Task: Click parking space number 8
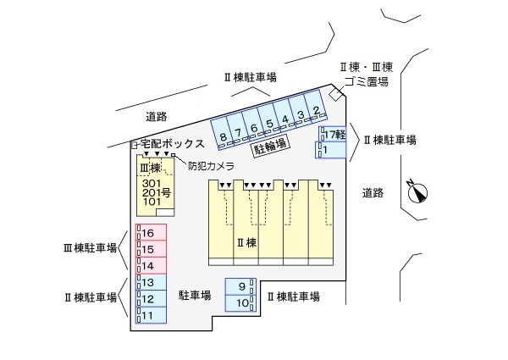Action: tap(223, 136)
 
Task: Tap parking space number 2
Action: tap(316, 111)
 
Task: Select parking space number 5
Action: tap(269, 124)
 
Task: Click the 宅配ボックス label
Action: tap(172, 144)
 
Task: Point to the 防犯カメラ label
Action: tap(211, 166)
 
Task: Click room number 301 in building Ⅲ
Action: tap(152, 184)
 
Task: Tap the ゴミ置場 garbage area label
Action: tap(366, 81)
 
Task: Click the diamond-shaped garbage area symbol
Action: tap(336, 93)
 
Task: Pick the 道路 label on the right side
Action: tap(373, 192)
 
